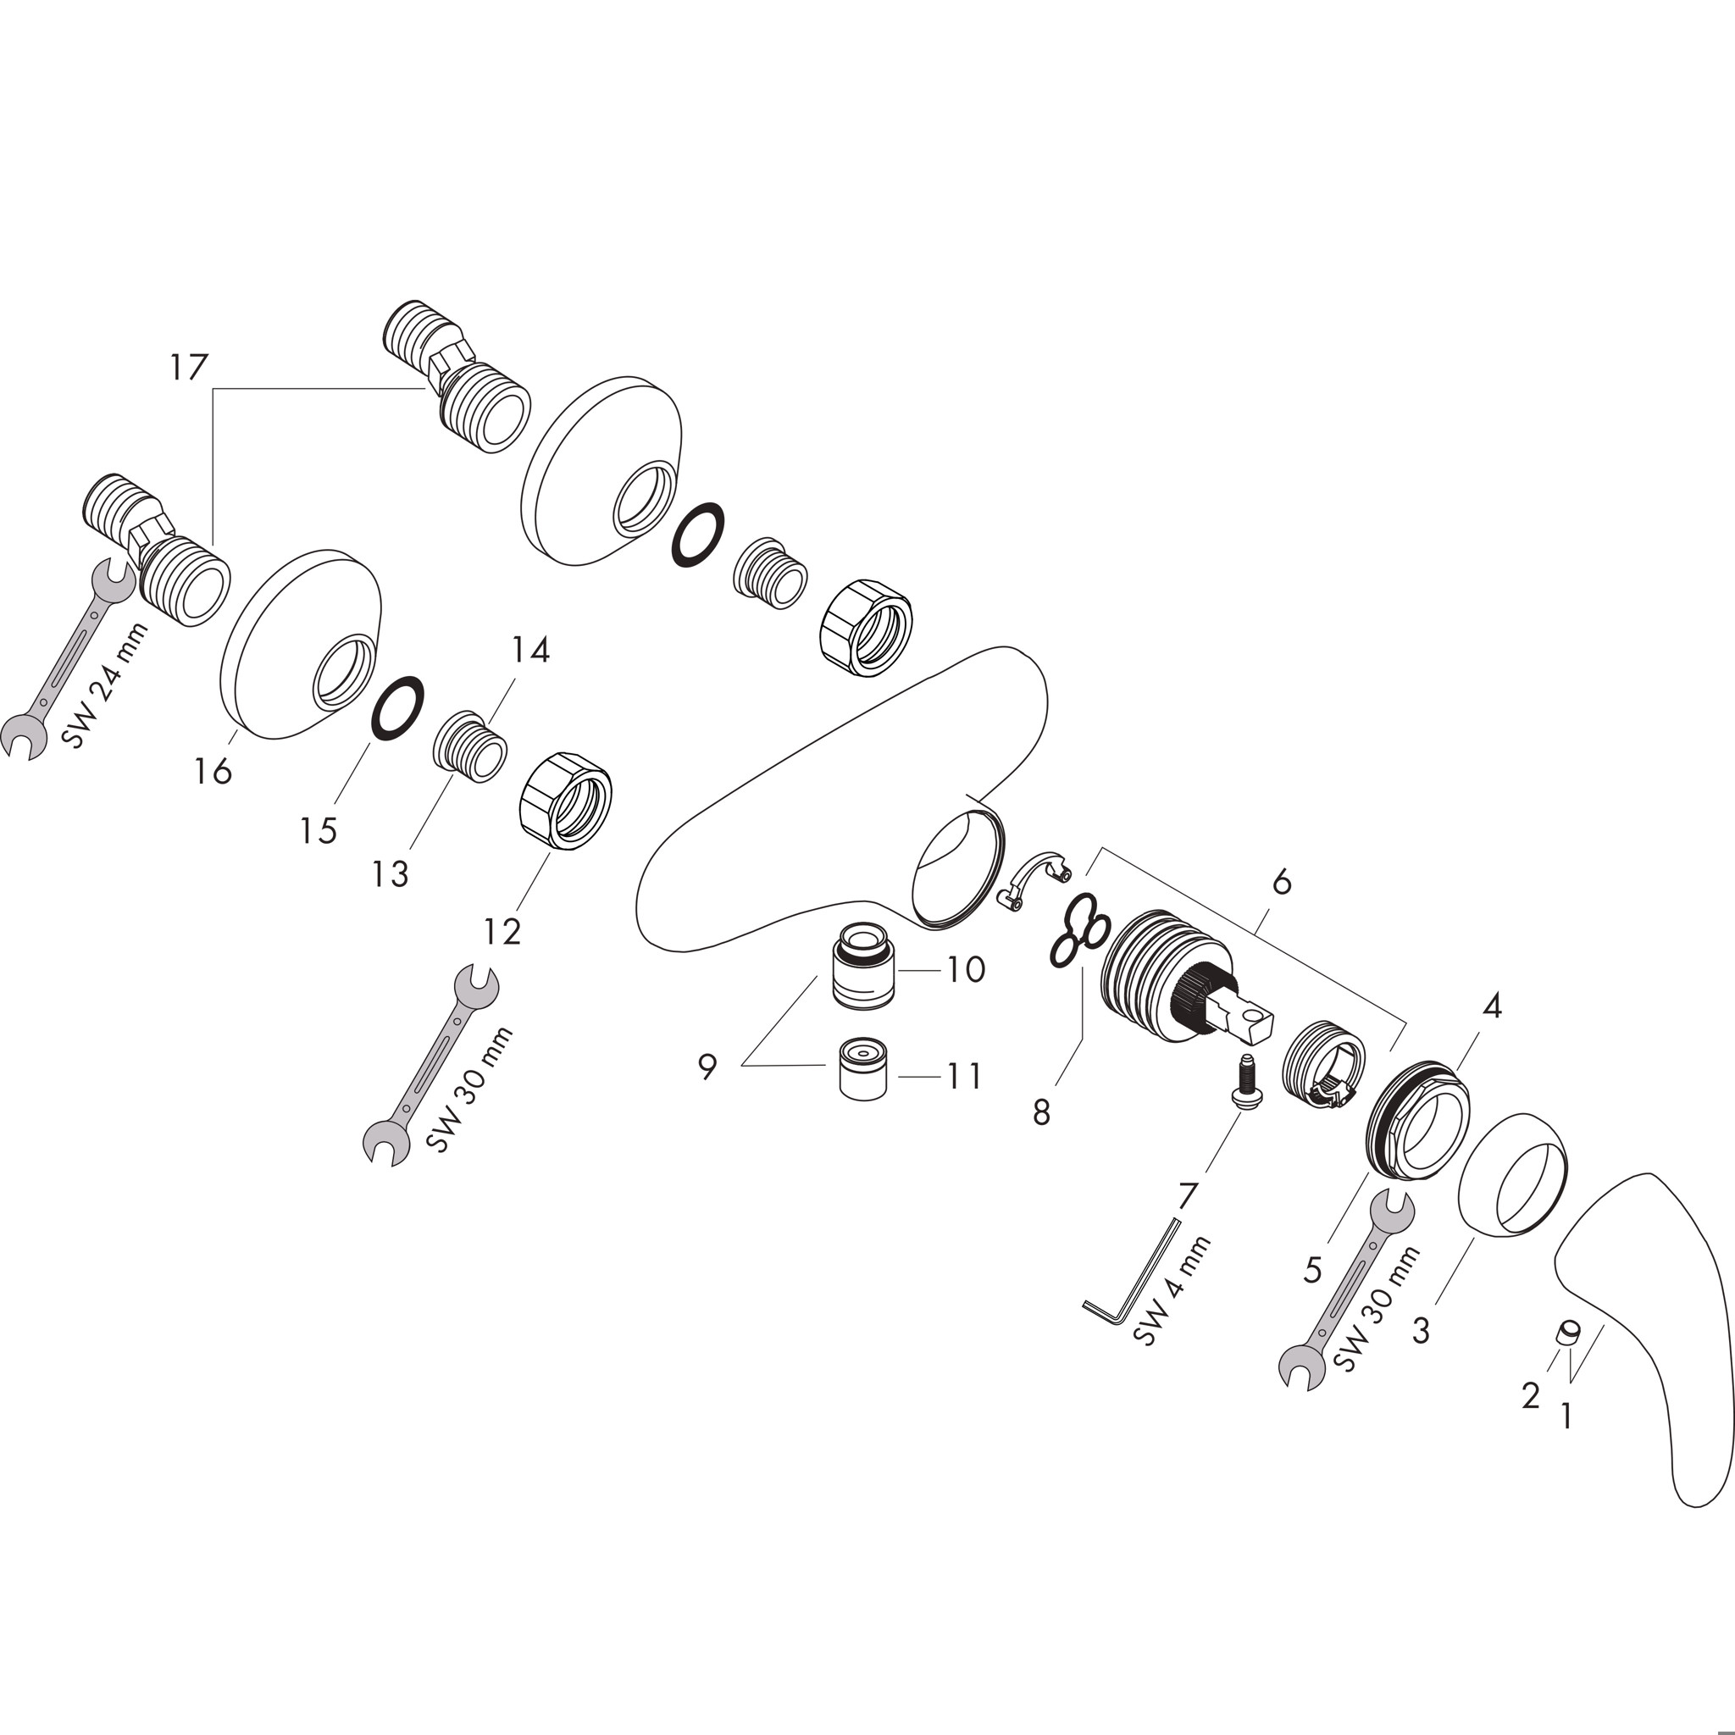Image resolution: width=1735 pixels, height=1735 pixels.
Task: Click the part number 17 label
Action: click(x=190, y=368)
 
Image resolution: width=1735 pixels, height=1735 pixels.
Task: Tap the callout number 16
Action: click(x=213, y=771)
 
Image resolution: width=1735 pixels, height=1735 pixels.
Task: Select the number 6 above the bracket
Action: click(x=1282, y=883)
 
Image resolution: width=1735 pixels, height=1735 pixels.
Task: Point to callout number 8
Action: click(x=1041, y=1113)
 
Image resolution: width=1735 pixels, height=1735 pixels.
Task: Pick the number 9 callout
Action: click(x=707, y=1067)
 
